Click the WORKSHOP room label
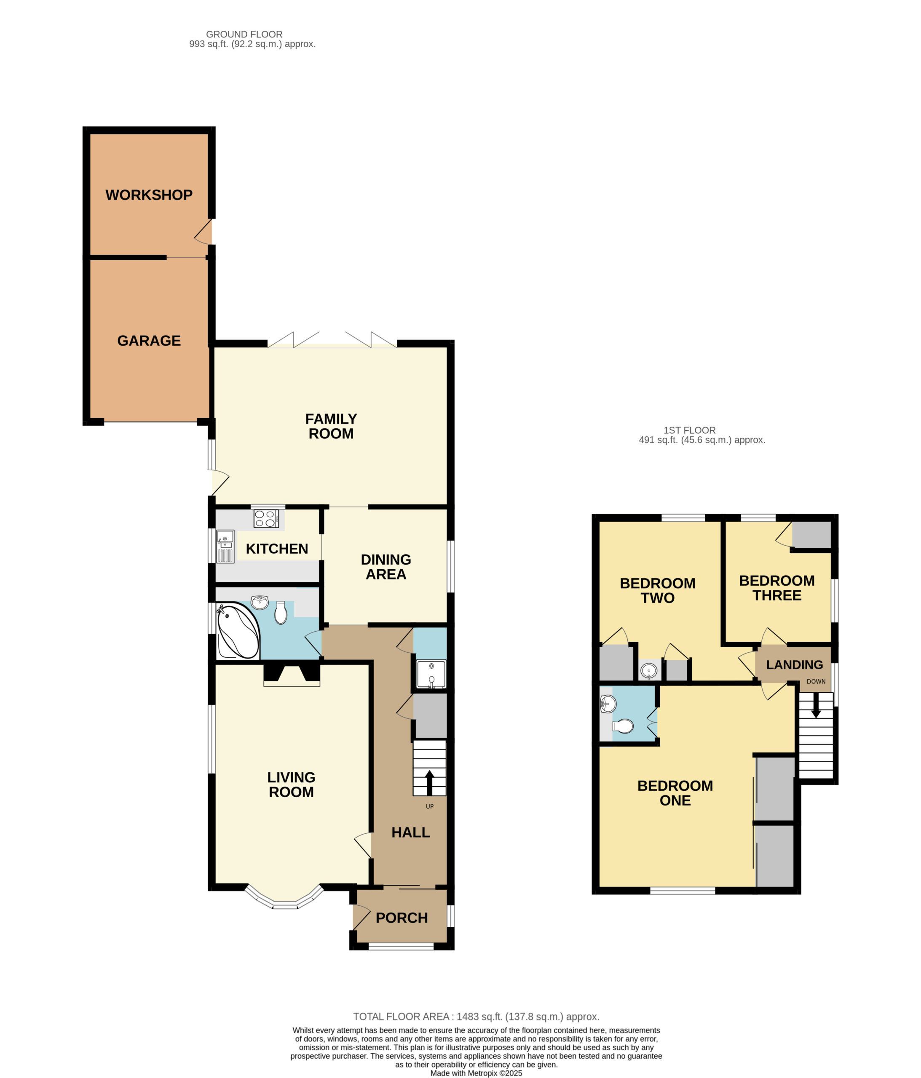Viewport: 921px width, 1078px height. pyautogui.click(x=149, y=195)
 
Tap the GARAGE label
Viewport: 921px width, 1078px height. pyautogui.click(x=149, y=341)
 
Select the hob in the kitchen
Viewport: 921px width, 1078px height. pyautogui.click(x=266, y=519)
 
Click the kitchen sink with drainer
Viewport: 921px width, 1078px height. pyautogui.click(x=225, y=546)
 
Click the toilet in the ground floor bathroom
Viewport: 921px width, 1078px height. pyautogui.click(x=281, y=612)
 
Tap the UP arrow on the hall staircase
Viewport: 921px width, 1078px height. pyautogui.click(x=429, y=783)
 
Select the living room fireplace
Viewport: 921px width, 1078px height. pyautogui.click(x=292, y=675)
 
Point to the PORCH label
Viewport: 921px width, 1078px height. pyautogui.click(x=402, y=918)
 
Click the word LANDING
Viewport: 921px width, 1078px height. pyautogui.click(x=795, y=665)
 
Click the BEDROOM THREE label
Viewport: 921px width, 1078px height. pyautogui.click(x=777, y=588)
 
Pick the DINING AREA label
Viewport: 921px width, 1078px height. pyautogui.click(x=386, y=567)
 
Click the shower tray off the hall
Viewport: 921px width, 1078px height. pyautogui.click(x=431, y=674)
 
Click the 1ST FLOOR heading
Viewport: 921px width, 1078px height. pyautogui.click(x=689, y=430)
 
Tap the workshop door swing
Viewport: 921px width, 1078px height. pyautogui.click(x=203, y=232)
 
